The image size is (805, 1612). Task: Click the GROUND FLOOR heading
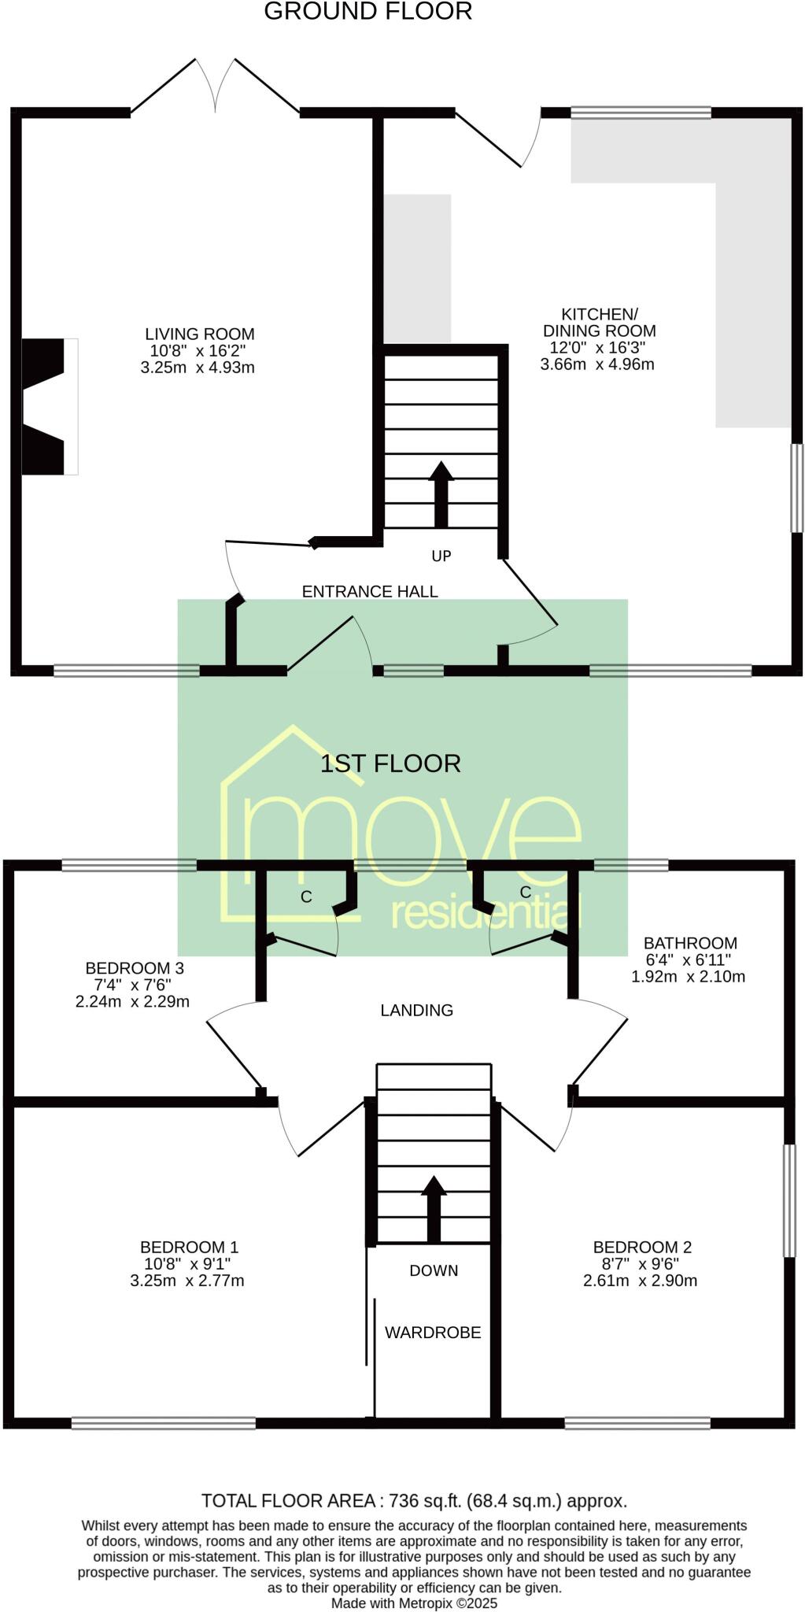coord(367,12)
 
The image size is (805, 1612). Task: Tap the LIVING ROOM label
coord(199,334)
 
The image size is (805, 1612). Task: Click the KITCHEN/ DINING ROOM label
coord(599,323)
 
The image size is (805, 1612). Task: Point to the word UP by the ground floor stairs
coord(441,556)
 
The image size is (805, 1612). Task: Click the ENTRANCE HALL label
coord(370,592)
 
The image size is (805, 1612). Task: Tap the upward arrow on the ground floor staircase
coord(441,494)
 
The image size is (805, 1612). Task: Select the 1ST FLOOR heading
coord(390,763)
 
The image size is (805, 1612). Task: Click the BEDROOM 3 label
coord(134,968)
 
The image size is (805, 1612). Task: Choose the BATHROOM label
coord(690,943)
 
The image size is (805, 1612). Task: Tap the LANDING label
coord(416,1011)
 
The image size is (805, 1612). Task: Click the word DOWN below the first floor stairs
coord(434,1270)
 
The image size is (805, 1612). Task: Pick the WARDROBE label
coord(432,1333)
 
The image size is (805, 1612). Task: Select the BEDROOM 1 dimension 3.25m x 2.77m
coord(187,1281)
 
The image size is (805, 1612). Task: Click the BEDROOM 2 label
coord(642,1247)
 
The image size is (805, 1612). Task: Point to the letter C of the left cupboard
coord(306,897)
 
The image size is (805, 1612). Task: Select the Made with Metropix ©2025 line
coord(414,1603)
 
